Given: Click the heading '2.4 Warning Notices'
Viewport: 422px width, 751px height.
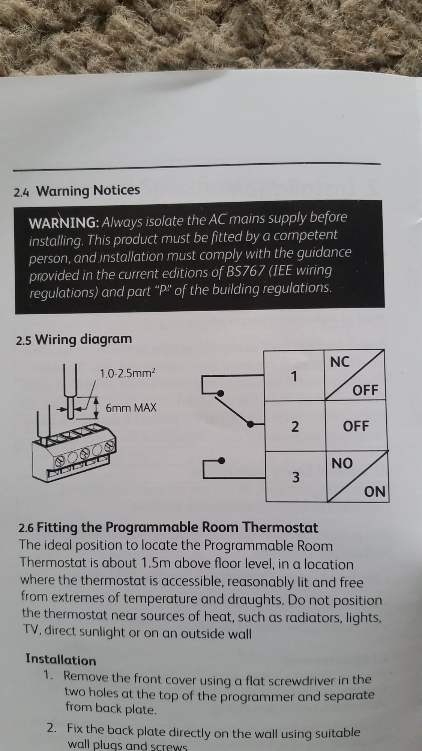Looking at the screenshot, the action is [x=77, y=191].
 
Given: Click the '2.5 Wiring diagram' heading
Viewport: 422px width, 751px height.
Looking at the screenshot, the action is [x=74, y=339].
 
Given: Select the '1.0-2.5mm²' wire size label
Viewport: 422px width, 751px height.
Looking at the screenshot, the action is [x=127, y=373].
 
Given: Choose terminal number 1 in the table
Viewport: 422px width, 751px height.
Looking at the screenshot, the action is [x=294, y=376].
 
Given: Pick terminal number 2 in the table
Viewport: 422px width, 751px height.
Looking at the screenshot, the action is [x=295, y=427].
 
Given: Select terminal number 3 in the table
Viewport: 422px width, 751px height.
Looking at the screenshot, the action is [x=296, y=477].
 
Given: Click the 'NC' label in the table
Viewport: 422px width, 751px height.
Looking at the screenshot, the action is [x=340, y=362].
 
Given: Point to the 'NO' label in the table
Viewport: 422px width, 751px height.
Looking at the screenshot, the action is [x=342, y=463].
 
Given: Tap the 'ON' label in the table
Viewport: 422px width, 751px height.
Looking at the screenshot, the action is [x=375, y=491].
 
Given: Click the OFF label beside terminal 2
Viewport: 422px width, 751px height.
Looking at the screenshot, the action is [x=356, y=426].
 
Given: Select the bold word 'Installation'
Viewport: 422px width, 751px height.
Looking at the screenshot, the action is [x=61, y=660].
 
